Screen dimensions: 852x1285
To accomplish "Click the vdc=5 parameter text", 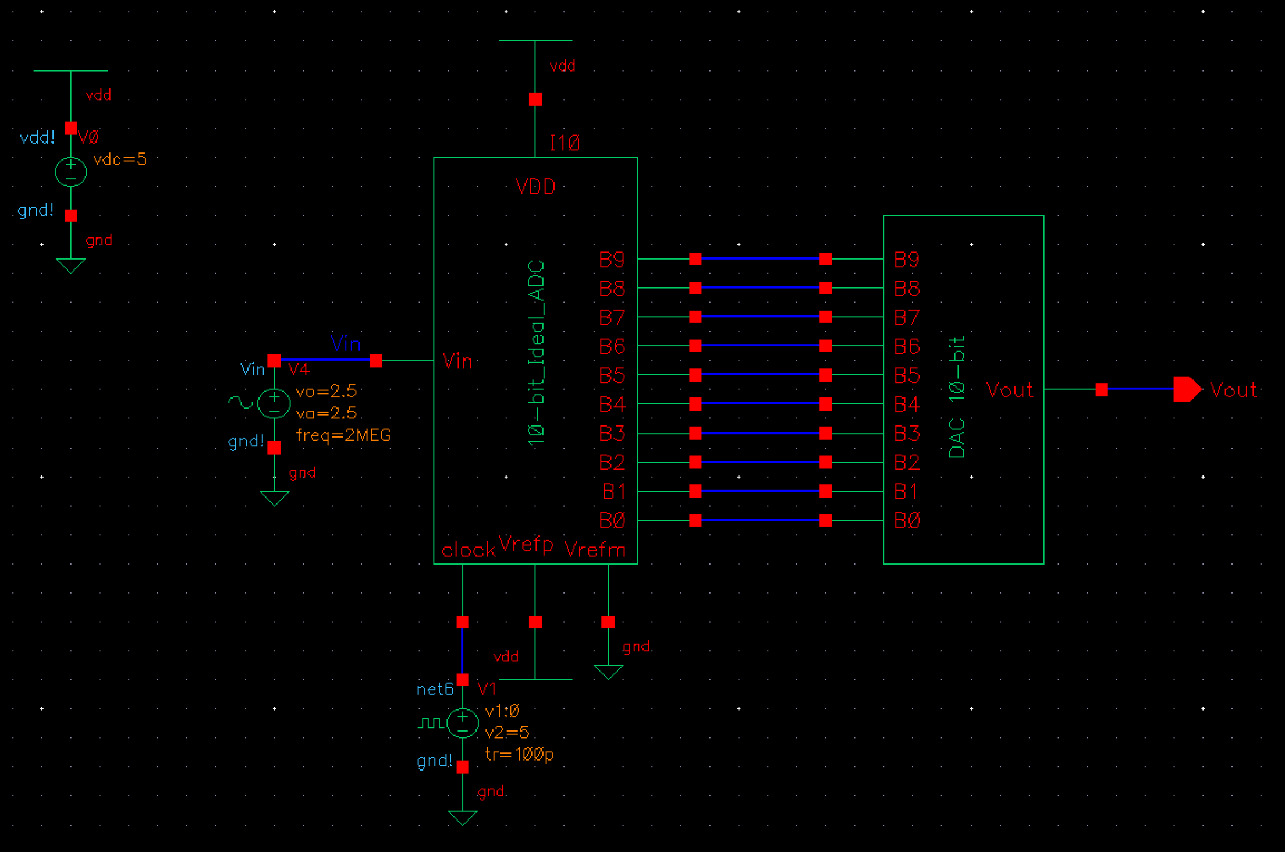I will click(x=120, y=159).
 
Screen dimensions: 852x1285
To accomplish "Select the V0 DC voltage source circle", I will click(x=70, y=172).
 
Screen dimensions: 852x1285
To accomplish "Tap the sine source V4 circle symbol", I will click(x=274, y=403).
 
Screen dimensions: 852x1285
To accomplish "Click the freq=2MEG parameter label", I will click(x=343, y=435).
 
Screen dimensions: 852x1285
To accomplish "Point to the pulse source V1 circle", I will click(x=463, y=723).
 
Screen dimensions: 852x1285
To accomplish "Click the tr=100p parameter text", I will click(x=519, y=754).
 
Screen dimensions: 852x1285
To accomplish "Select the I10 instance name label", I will click(x=565, y=143).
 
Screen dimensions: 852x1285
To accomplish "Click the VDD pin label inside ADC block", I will click(x=535, y=187).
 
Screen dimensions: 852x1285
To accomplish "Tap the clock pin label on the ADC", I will click(x=468, y=551).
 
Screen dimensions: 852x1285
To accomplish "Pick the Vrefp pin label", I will click(x=526, y=544).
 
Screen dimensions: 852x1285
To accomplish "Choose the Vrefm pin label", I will click(x=595, y=550).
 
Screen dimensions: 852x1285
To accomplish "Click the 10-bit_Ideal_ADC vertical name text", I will click(x=536, y=353).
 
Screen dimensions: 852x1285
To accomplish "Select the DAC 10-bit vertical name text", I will click(x=957, y=397).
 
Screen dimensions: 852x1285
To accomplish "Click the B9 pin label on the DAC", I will click(x=906, y=260).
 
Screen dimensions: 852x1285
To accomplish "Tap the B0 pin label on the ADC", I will click(x=612, y=520).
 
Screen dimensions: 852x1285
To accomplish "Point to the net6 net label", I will click(x=435, y=689).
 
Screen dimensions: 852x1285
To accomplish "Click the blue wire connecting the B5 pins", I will click(x=760, y=375).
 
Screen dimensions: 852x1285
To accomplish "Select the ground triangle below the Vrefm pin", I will click(x=608, y=672).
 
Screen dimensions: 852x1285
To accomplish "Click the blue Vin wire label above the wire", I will click(x=345, y=343).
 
